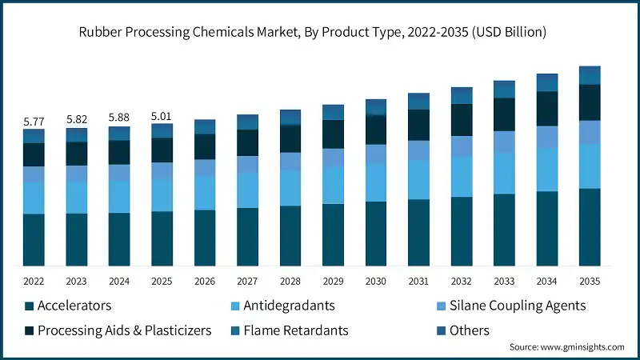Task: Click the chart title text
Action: [319, 33]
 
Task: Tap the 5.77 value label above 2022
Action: [34, 122]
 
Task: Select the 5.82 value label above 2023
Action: [77, 119]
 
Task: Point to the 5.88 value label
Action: [119, 118]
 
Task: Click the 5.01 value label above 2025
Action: [162, 116]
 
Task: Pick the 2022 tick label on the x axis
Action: [34, 282]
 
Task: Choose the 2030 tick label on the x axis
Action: [376, 282]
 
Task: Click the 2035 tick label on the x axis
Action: [590, 282]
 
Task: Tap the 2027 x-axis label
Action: [248, 282]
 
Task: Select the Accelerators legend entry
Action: [74, 306]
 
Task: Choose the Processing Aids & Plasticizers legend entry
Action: [124, 330]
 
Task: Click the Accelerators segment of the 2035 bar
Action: [590, 227]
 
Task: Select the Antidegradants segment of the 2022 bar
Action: [34, 198]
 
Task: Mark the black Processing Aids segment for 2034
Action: [547, 109]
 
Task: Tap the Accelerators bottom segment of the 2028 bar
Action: [290, 236]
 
